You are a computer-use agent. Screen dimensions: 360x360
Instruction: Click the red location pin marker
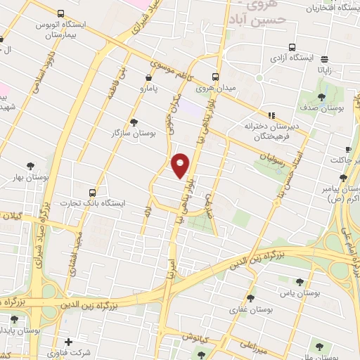tap(181, 165)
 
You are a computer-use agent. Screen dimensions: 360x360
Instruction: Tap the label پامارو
tap(149, 90)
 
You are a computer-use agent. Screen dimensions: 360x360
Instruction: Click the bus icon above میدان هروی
tap(216, 77)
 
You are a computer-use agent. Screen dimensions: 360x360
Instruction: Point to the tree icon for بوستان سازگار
tap(134, 122)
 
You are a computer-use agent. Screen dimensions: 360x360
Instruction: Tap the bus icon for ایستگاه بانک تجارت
tap(92, 193)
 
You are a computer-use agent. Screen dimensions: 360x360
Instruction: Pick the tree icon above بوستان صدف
tap(321, 97)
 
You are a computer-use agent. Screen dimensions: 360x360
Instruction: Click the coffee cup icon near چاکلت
tap(348, 150)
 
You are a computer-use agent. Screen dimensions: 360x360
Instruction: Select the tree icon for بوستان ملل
tap(320, 346)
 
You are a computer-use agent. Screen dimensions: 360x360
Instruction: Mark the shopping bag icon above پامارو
tap(148, 78)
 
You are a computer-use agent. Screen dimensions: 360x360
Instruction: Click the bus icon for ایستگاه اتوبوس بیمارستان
tap(60, 13)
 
